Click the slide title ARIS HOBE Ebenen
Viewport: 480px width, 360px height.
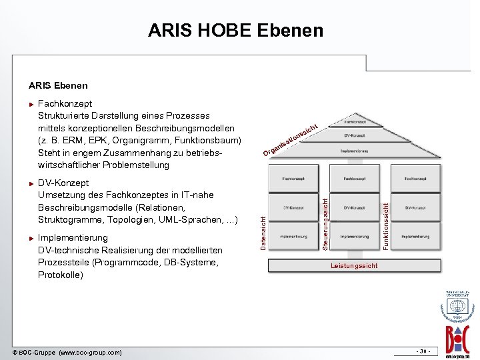point(235,30)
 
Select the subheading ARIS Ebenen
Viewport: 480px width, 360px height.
point(58,85)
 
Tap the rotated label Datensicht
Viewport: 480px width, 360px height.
point(263,229)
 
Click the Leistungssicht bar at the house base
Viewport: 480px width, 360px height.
point(354,265)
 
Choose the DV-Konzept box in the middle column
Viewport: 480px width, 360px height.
point(353,208)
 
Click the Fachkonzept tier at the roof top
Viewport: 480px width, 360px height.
point(353,122)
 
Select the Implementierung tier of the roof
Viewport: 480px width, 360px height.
point(353,151)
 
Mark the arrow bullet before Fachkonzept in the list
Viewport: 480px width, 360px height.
point(31,104)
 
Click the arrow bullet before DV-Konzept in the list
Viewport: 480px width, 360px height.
point(31,183)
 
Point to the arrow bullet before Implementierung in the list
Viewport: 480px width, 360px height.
point(31,238)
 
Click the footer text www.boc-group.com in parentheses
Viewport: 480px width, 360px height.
point(90,351)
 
